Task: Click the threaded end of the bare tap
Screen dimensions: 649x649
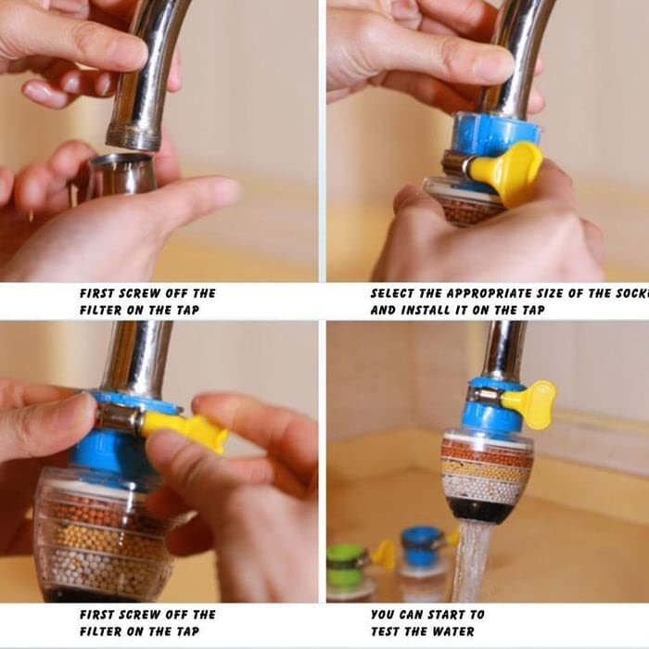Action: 133,138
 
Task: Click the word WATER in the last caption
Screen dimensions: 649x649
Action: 461,631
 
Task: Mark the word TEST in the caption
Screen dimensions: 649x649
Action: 390,631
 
